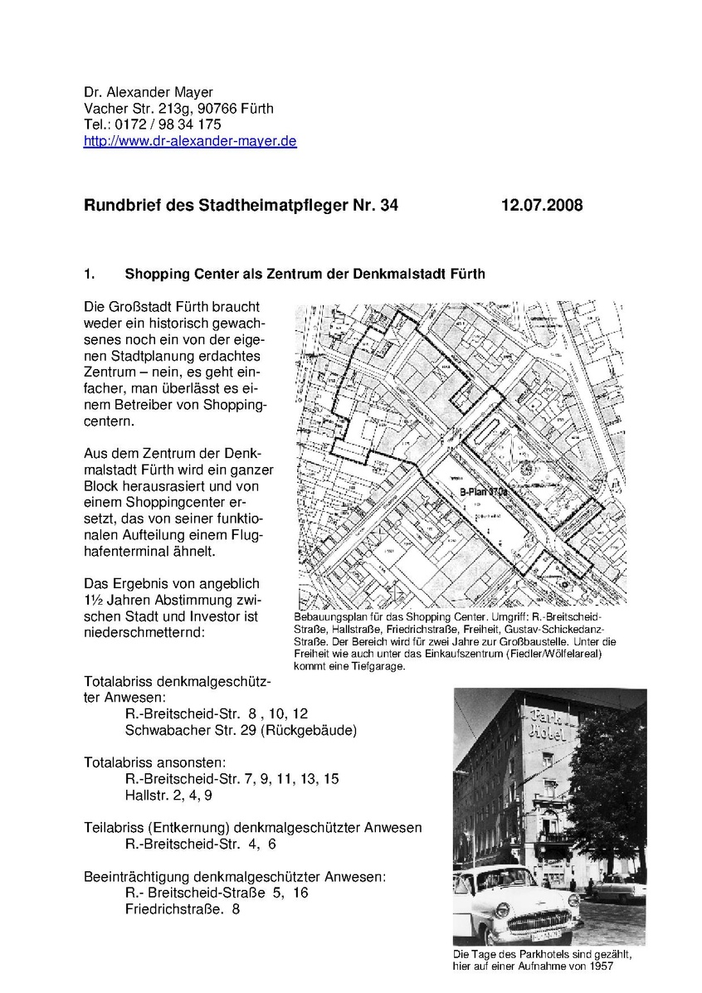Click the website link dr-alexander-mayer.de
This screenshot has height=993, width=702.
[x=190, y=142]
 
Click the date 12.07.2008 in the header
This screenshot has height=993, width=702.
[x=542, y=205]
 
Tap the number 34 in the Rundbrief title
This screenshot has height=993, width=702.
[x=388, y=205]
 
